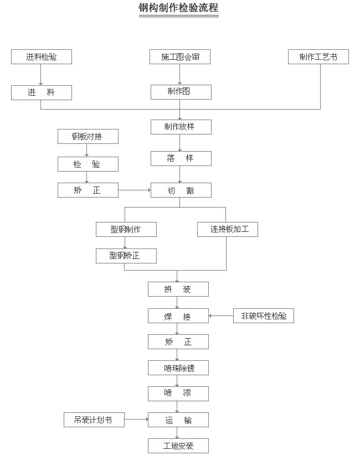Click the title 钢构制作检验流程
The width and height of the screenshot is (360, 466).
pos(178,8)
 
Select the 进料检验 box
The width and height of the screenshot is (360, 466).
pos(42,56)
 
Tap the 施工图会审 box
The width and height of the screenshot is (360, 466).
pos(180,56)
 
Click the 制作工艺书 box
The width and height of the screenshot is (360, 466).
pos(318,56)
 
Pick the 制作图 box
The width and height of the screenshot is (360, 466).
pos(180,92)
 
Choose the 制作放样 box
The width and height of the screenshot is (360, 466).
pos(180,127)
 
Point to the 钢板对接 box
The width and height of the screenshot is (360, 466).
pos(88,136)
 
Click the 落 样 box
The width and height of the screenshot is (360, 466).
pos(180,159)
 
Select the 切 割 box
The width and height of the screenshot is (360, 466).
pos(180,191)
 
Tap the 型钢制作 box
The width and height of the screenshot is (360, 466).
pos(126,229)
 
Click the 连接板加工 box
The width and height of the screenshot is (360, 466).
pos(228,229)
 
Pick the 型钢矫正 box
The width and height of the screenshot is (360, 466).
pos(126,256)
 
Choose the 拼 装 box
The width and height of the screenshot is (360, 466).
pos(178,289)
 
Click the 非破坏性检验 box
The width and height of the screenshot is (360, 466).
pos(264,316)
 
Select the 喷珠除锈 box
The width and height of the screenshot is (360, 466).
pos(178,367)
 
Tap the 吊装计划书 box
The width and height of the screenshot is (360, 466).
pos(94,420)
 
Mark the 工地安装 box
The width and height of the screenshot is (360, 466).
pos(178,446)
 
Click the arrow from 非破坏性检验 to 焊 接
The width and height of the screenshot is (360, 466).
pos(221,316)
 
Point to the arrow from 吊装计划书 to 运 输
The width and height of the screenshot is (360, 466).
pos(136,420)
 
